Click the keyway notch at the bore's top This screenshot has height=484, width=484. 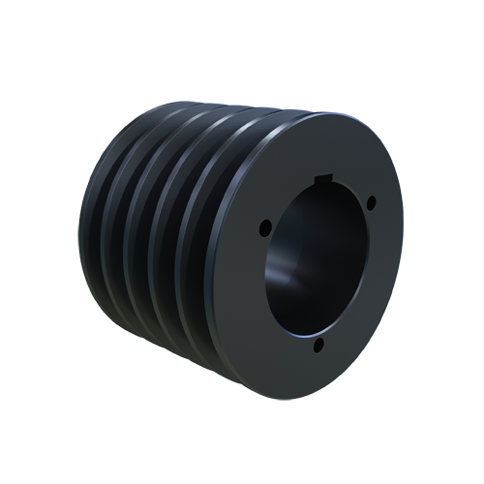pyautogui.click(x=332, y=178)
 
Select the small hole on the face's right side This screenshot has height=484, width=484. pyautogui.click(x=372, y=204)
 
